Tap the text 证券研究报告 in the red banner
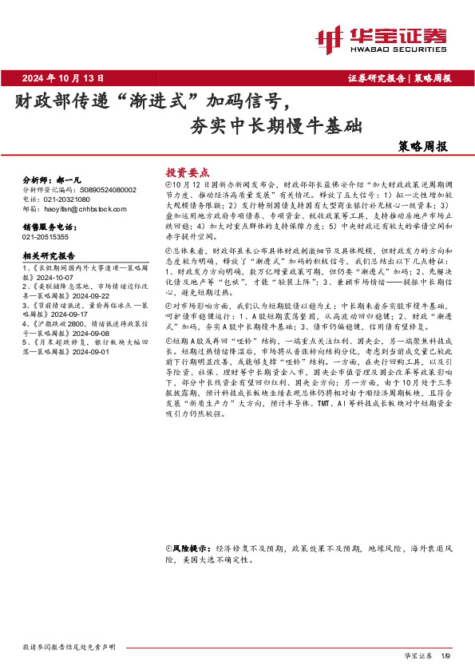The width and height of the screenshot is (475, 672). tap(376, 78)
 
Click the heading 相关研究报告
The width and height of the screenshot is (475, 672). tap(48, 256)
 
